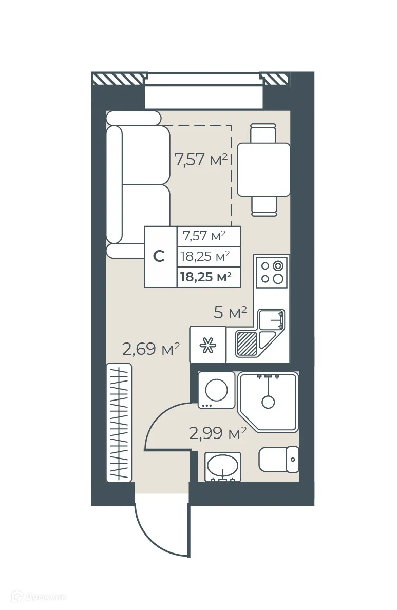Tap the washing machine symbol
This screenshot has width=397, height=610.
coord(216,390)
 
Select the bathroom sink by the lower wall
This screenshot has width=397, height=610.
coord(222,466)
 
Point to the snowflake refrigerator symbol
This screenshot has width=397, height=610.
coord(207,345)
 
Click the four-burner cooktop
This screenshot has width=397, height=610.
coord(272,272)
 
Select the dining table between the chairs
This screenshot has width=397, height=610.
coord(263,169)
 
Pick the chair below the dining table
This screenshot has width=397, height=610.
coord(264,206)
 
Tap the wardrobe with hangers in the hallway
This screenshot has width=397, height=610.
coord(119,422)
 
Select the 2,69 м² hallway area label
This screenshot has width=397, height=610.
coord(150,350)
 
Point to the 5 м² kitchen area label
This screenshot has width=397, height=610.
coord(231,312)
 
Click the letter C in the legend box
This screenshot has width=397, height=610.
coord(160,257)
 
